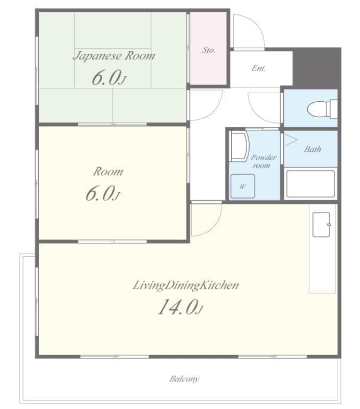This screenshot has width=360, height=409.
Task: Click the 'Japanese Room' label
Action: (x=113, y=55)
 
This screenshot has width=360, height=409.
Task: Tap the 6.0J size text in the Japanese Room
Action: (x=109, y=78)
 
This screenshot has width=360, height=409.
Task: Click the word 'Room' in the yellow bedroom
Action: (x=108, y=171)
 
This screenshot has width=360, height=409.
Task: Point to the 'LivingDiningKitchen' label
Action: (x=185, y=285)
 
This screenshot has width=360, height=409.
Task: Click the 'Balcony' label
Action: (x=184, y=379)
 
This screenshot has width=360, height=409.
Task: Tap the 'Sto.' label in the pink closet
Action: (x=208, y=50)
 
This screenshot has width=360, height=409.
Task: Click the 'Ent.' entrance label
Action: (x=258, y=69)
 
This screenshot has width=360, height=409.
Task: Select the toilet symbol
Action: (x=322, y=109)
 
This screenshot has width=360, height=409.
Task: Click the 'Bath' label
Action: (x=313, y=149)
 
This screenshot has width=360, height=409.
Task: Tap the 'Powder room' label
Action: (x=264, y=161)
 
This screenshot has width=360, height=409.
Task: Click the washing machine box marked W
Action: (x=242, y=186)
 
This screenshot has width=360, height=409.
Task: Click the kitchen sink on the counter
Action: (x=322, y=224)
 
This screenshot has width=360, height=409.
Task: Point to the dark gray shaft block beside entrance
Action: (x=317, y=68)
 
